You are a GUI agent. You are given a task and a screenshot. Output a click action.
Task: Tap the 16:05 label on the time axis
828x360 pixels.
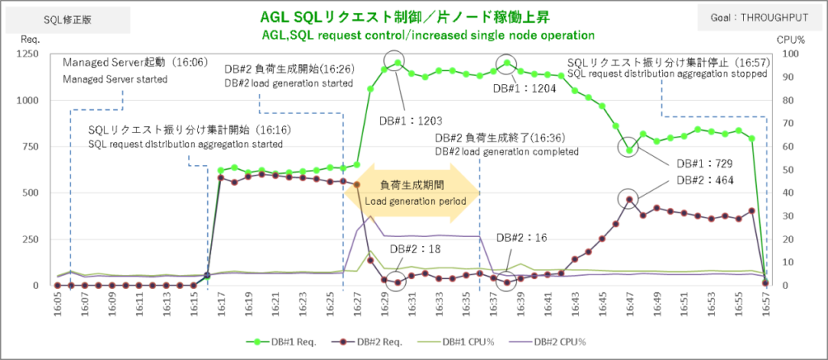point(57,306)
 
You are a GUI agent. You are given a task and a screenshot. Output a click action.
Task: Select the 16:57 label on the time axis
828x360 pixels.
point(766,306)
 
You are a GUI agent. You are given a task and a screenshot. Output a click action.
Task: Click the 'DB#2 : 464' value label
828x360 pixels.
point(704,180)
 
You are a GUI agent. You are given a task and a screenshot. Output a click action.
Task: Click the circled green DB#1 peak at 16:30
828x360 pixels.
point(396,62)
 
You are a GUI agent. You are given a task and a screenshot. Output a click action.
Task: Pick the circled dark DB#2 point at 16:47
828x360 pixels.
point(630,199)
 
